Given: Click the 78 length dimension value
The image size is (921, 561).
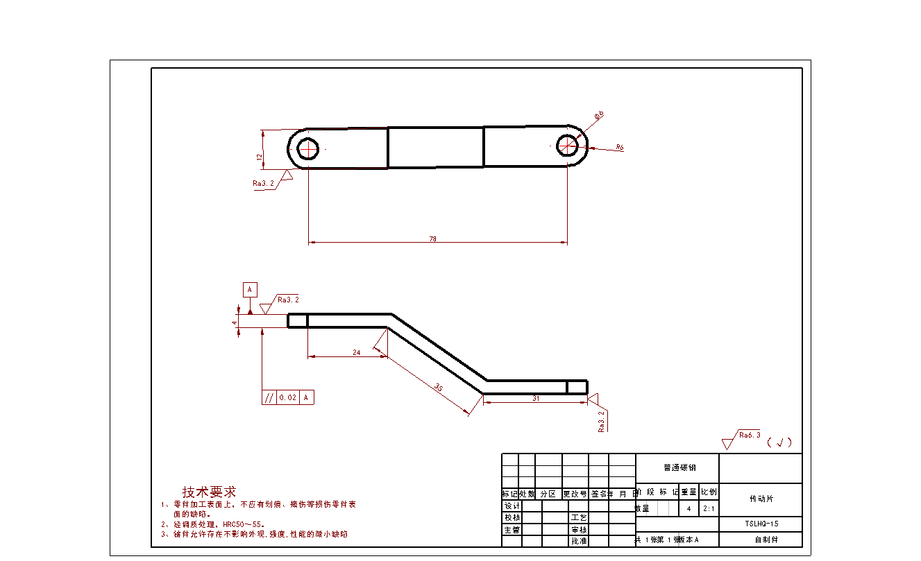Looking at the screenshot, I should (x=433, y=239).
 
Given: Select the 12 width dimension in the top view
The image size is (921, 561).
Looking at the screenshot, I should (x=260, y=157).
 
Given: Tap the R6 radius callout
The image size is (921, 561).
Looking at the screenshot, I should (x=620, y=148).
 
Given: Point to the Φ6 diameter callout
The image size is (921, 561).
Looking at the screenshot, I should (x=599, y=114).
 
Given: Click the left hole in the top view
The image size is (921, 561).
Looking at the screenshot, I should (x=307, y=148).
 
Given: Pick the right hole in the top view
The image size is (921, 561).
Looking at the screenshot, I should (x=568, y=146).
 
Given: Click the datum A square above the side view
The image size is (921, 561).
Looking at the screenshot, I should (x=250, y=289).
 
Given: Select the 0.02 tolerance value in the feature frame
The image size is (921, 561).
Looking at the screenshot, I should (x=287, y=397).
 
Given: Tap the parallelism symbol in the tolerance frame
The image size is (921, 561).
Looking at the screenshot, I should (x=268, y=397).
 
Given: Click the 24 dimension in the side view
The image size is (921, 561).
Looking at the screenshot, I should (x=357, y=352).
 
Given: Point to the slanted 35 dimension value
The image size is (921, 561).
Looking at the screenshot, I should (x=439, y=387).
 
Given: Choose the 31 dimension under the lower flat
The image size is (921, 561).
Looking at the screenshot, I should (x=536, y=398).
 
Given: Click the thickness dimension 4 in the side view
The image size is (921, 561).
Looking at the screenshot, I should (x=235, y=322).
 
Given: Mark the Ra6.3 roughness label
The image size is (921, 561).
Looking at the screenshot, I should (x=750, y=435).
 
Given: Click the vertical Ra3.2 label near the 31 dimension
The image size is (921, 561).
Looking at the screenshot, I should (x=602, y=421).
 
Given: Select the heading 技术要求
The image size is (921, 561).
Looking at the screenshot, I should (x=208, y=492).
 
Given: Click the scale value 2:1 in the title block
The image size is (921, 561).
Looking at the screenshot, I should (x=709, y=508).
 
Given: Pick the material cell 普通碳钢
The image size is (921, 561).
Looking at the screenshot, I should (x=677, y=467).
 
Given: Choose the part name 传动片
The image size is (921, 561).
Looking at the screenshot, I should (x=761, y=499).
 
